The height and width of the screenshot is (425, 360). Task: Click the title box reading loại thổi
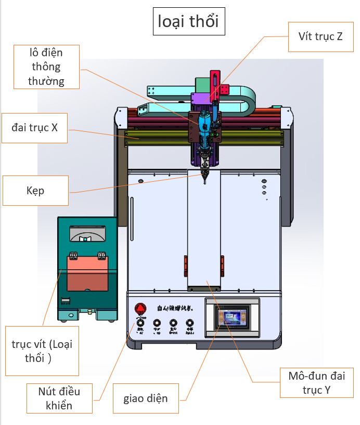point(188,22)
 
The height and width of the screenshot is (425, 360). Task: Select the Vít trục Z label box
point(320,36)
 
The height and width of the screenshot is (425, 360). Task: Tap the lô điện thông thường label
point(46,67)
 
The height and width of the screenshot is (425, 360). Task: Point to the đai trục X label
point(34,128)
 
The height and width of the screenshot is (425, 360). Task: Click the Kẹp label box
point(35,191)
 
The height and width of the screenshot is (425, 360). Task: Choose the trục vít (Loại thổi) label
point(42,351)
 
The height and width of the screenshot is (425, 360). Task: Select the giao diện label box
point(146,399)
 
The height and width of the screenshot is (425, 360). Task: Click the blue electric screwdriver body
point(204,123)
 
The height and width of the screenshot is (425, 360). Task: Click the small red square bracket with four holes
point(224,90)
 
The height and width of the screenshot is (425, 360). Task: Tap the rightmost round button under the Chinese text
point(190,323)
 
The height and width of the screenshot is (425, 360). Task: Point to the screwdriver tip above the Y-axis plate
point(205,180)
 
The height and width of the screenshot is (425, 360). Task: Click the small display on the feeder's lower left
point(66,301)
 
